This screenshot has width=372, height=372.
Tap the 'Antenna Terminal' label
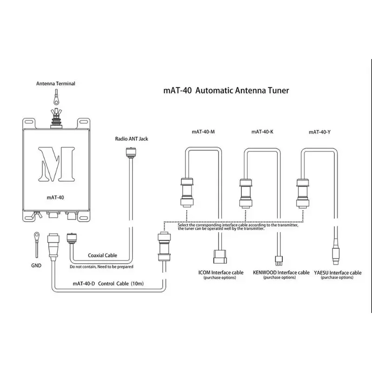(56, 84)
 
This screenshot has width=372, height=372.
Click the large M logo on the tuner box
(56, 164)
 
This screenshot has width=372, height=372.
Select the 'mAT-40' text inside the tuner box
(55, 197)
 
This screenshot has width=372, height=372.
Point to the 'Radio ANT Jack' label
(131, 139)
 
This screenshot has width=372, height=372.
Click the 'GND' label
(36, 266)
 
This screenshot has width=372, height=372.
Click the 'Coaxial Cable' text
(102, 255)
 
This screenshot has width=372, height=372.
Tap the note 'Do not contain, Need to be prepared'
(101, 267)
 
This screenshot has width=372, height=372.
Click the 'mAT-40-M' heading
(203, 132)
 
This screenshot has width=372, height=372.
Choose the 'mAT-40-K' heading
(262, 132)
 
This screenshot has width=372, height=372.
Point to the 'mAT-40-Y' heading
(320, 132)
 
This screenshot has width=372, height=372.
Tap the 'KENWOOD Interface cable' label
(281, 272)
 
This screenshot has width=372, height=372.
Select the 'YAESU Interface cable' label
(337, 272)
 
